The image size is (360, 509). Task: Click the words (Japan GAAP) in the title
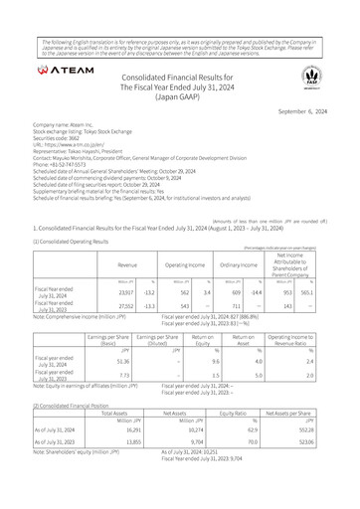point(179,100)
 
